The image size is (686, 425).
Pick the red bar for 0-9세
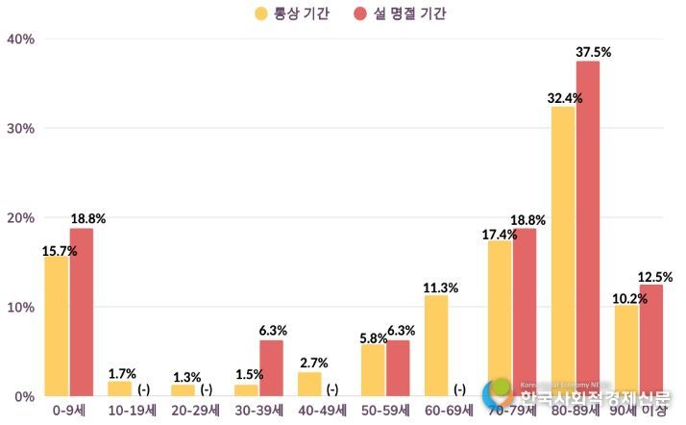pos(82,312)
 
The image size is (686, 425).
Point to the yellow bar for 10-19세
pos(119,388)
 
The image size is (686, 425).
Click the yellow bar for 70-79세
pos(500,318)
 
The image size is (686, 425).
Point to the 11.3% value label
pos(441,287)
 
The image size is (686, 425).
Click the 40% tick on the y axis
pos(20,39)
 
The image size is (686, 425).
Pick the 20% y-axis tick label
pos(20,218)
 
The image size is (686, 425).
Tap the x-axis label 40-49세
pos(323,410)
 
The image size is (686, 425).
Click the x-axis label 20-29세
pos(195,410)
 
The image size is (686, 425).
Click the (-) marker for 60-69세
pos(460,388)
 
